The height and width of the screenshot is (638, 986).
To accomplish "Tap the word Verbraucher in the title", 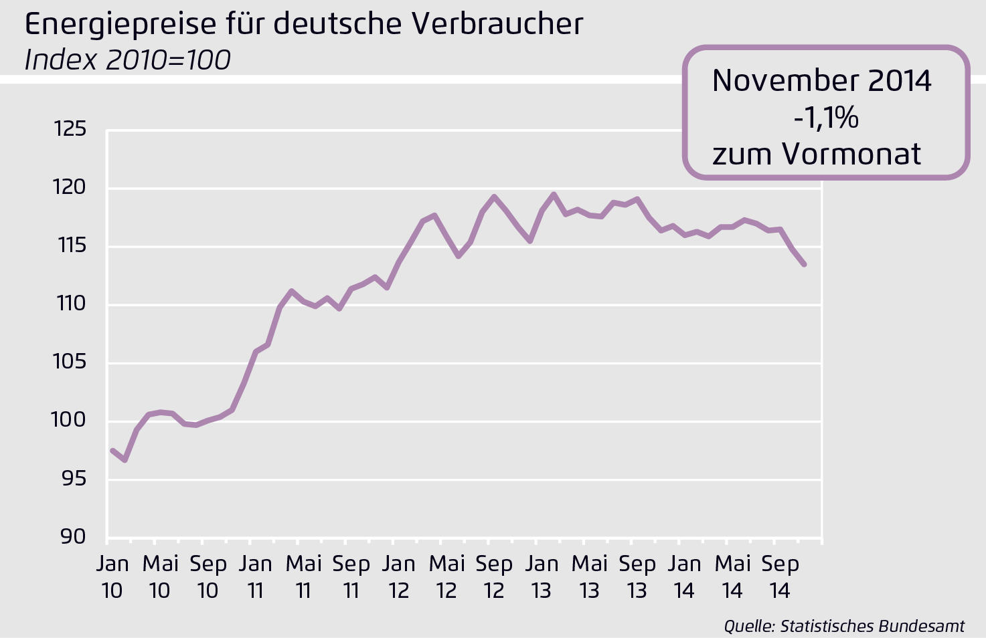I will [x=497, y=24].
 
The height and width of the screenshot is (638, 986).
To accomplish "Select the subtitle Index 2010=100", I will [x=127, y=60].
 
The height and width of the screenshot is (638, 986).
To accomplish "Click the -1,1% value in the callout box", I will [x=826, y=118].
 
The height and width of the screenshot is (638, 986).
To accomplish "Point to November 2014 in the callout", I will [x=821, y=81].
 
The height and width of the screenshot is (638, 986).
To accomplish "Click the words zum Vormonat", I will [x=817, y=154].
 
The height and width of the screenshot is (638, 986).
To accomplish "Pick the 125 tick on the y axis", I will [x=70, y=129].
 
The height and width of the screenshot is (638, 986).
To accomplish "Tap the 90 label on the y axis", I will [x=73, y=537].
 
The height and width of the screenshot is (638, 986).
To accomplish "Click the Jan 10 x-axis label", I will [x=112, y=577].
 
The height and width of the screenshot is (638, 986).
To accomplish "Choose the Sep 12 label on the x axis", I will [x=494, y=577].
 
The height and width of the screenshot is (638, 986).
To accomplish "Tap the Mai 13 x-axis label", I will [x=590, y=577].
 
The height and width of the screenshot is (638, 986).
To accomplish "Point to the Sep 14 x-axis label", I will [x=780, y=577].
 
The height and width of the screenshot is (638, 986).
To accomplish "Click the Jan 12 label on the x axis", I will [x=399, y=577].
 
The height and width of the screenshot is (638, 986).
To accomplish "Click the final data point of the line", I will [x=804, y=265].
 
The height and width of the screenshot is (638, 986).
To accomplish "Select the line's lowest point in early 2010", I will [x=125, y=460].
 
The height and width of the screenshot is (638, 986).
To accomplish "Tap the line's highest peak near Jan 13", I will [x=554, y=195].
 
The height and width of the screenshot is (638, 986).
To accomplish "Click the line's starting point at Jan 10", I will [x=112, y=450].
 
